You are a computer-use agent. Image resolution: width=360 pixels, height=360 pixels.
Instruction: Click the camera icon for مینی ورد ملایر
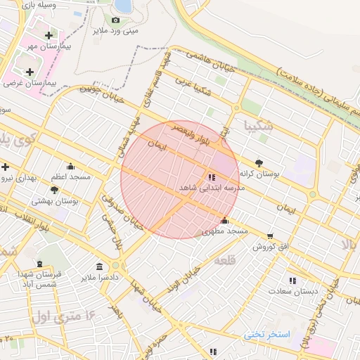[x=115, y=20]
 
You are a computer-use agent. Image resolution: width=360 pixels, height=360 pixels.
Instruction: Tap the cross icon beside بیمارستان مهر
[x=49, y=35]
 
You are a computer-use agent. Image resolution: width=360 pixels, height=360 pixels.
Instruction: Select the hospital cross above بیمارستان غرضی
[x=30, y=72]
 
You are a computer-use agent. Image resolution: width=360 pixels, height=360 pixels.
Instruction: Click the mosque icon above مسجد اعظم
[x=70, y=167]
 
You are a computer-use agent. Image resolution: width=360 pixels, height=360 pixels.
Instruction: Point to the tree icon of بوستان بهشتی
[x=55, y=190]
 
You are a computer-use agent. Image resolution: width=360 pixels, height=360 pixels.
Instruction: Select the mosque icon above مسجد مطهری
[x=224, y=220]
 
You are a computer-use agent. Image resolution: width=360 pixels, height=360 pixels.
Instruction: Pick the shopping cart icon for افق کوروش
[x=270, y=236]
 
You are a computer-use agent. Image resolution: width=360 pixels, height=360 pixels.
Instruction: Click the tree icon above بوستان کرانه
[x=259, y=162]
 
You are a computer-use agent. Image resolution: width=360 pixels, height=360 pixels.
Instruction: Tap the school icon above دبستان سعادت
[x=292, y=281]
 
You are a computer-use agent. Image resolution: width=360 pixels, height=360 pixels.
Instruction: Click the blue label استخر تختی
[x=267, y=334]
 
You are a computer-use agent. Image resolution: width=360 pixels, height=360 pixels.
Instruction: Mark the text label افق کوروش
[x=270, y=247]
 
